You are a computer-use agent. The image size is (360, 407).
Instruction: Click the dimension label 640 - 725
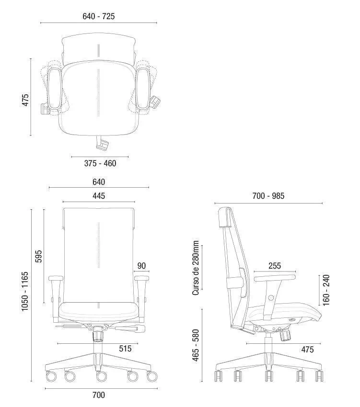click(99, 16)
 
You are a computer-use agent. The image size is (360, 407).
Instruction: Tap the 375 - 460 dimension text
click(100, 163)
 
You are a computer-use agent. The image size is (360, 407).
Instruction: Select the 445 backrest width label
click(99, 196)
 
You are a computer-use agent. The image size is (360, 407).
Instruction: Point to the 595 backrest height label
click(38, 256)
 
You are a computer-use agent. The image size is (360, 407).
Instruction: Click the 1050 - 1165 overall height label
click(25, 291)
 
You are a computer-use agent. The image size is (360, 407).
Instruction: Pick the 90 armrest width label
click(142, 266)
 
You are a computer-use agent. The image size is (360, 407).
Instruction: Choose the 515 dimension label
click(125, 349)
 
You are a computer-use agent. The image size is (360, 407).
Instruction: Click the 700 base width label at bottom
click(99, 395)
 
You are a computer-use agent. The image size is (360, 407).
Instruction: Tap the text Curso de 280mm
click(196, 268)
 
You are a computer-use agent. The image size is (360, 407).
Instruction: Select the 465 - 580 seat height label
click(196, 345)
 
